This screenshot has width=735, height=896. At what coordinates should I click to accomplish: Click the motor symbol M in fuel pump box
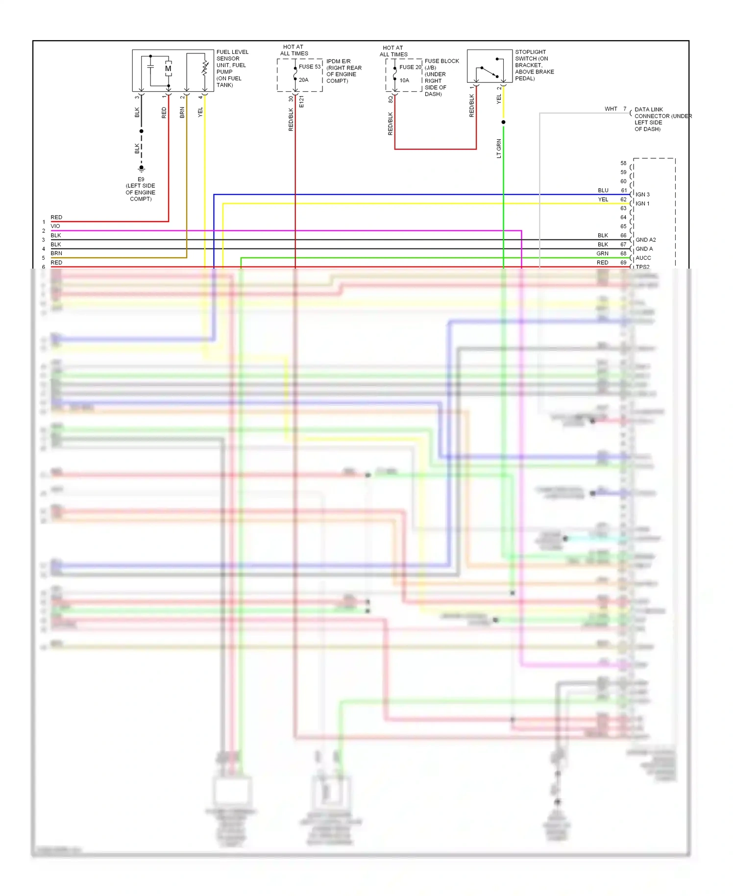coord(168,69)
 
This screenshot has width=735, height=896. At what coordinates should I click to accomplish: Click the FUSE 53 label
coord(310,67)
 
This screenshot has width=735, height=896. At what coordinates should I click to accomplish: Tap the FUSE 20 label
coord(410,67)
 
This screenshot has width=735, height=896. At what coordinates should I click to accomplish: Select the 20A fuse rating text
coord(304,80)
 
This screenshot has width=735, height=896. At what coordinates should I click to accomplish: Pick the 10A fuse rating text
coord(404,80)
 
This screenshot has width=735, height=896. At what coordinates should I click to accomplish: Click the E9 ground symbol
coord(142,169)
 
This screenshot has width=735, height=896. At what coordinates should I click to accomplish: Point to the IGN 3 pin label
coord(642,195)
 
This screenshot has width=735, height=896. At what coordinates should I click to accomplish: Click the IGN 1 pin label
coord(642,203)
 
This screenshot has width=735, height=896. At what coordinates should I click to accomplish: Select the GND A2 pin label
coord(645,240)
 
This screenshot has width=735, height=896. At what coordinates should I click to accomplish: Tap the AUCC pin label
coord(643,258)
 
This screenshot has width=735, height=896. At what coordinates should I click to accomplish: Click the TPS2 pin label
coord(642,267)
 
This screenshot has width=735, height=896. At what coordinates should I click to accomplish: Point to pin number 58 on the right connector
coord(623,163)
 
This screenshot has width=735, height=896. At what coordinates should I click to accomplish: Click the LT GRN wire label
coord(499,149)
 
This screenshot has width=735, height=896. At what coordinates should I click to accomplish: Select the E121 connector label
coord(301,102)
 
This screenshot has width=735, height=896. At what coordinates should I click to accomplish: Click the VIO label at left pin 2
coord(55,226)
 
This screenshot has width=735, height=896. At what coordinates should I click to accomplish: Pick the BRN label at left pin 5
coord(56,253)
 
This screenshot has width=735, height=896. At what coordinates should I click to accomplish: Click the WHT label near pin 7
coord(611,109)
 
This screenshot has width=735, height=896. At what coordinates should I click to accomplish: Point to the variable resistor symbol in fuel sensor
coord(205,69)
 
